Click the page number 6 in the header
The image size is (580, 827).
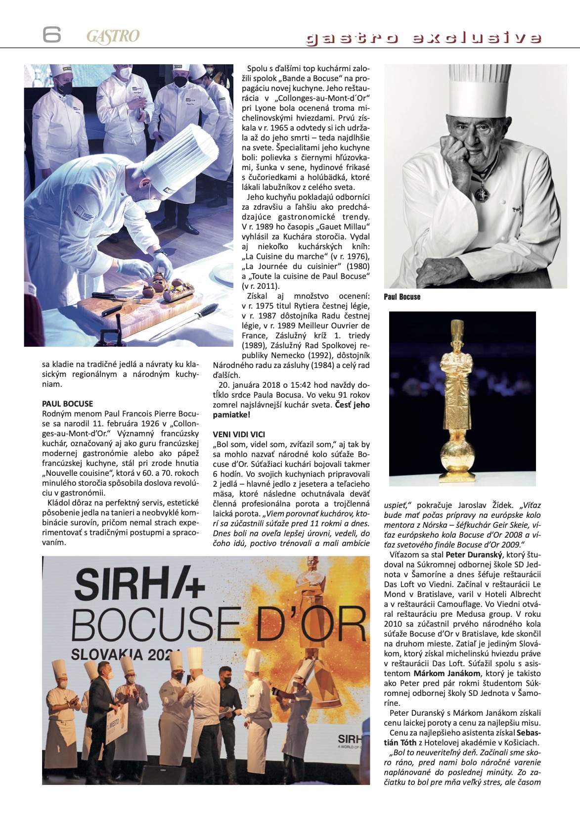[51, 35]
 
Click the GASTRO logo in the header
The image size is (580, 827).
[113, 37]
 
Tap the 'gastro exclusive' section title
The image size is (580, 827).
[424, 38]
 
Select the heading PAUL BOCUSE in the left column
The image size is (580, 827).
[67, 404]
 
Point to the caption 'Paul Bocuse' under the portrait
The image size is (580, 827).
[402, 297]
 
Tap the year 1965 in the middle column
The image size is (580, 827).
[279, 128]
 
